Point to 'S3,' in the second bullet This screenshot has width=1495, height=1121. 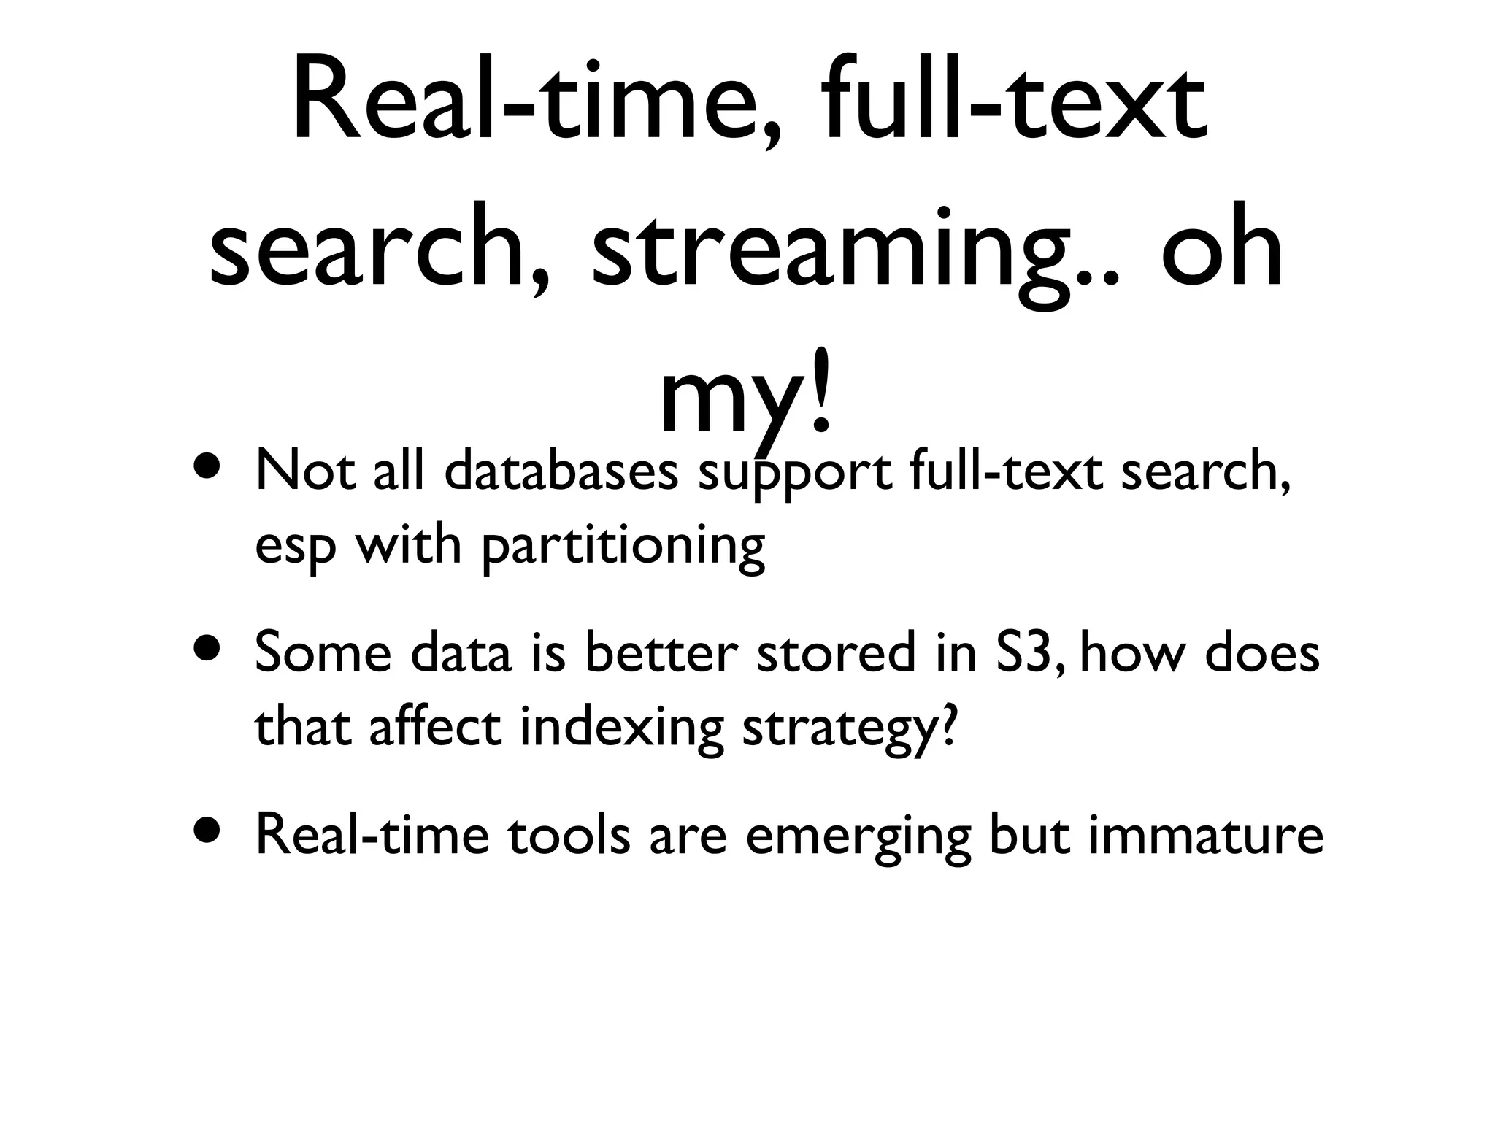click(x=1030, y=654)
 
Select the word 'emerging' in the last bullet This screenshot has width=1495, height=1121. click(x=858, y=838)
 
